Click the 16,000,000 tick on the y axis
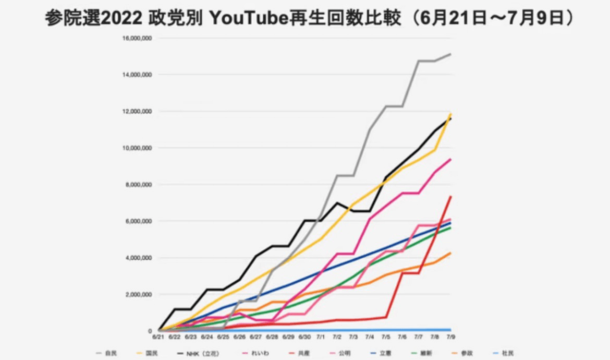(137, 38)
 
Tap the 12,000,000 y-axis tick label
(137, 111)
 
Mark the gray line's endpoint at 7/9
(450, 54)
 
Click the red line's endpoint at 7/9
(450, 196)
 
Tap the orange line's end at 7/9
(450, 253)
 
